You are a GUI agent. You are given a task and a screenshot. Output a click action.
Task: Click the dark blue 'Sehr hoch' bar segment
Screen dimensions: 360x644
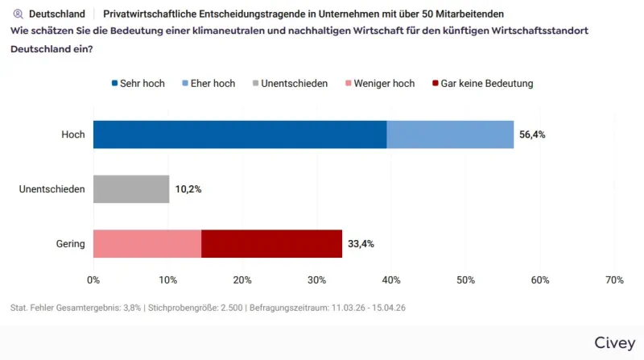[240, 134]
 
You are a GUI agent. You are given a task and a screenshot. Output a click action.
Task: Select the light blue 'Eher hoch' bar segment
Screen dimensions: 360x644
[450, 134]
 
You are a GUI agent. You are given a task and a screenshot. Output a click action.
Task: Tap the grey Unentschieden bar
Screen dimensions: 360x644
[131, 189]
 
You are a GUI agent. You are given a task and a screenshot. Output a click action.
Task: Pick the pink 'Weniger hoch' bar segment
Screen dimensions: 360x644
[147, 243]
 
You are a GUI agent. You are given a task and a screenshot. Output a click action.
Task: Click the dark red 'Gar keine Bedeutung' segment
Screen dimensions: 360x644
[271, 243]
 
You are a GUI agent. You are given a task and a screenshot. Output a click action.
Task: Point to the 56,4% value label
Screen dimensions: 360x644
[532, 134]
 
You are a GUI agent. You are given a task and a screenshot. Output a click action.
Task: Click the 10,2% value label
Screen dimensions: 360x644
[188, 189]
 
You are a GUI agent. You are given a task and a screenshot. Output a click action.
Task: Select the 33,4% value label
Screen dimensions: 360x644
[361, 243]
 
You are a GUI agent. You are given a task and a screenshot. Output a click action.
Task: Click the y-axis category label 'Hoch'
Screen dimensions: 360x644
[73, 134]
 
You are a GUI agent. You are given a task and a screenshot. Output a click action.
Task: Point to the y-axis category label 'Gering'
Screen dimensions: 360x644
[70, 243]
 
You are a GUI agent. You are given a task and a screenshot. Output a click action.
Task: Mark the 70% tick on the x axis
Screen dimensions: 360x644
[614, 280]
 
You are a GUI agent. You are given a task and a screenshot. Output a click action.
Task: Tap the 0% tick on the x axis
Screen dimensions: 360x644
[93, 280]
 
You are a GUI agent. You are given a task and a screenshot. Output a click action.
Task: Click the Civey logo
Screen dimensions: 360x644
[614, 342]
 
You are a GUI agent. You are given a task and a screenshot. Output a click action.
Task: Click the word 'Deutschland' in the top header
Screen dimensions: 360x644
[57, 14]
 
